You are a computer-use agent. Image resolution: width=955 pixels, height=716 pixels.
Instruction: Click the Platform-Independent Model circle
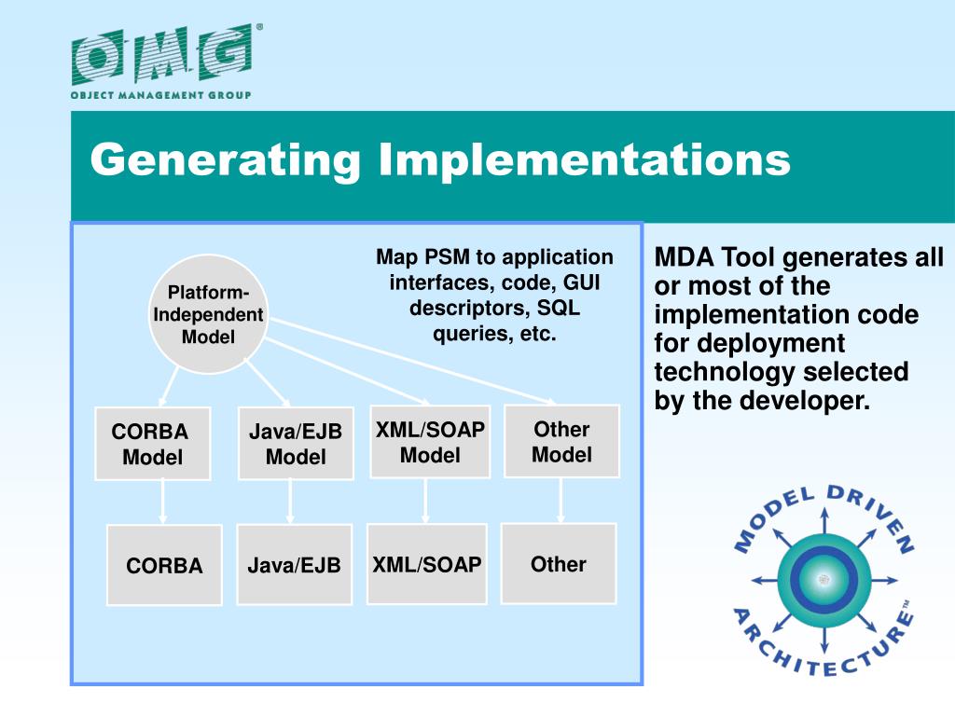[x=208, y=313]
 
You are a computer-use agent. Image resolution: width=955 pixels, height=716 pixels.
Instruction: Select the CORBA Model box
[x=152, y=444]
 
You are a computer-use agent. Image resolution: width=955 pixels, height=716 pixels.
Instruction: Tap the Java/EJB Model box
[x=296, y=444]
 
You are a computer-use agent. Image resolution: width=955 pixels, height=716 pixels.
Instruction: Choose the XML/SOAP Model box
[x=430, y=442]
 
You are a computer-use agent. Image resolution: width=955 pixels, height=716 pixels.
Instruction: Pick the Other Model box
[x=561, y=441]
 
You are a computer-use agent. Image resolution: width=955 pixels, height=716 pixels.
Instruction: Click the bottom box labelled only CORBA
[x=164, y=565]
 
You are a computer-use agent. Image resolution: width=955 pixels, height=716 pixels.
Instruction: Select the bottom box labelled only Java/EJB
[x=294, y=564]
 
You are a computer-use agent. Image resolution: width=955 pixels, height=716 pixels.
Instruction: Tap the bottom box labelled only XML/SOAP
[x=427, y=563]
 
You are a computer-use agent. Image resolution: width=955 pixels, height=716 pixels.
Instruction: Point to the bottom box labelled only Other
[x=559, y=563]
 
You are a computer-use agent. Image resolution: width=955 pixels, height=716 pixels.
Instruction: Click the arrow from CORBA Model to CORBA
[x=163, y=502]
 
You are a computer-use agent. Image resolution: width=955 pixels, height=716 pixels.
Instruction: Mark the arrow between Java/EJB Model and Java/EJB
[x=290, y=502]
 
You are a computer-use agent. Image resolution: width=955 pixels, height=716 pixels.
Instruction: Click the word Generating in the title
[x=225, y=159]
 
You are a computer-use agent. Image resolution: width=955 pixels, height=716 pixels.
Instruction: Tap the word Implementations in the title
[x=585, y=159]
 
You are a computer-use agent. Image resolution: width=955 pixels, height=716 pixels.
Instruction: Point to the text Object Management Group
[x=161, y=94]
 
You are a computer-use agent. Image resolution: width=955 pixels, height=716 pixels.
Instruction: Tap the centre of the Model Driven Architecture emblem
[x=822, y=580]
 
